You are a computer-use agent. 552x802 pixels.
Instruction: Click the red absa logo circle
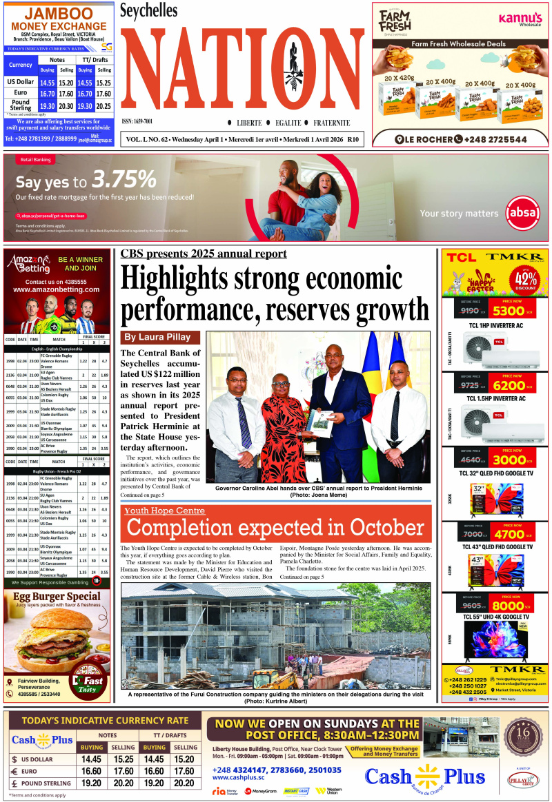coord(522,213)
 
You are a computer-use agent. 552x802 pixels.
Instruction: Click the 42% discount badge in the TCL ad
coord(526,280)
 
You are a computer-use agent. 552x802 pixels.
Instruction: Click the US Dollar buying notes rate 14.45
coord(92,759)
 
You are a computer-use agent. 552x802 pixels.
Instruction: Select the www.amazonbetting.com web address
coord(56,290)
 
